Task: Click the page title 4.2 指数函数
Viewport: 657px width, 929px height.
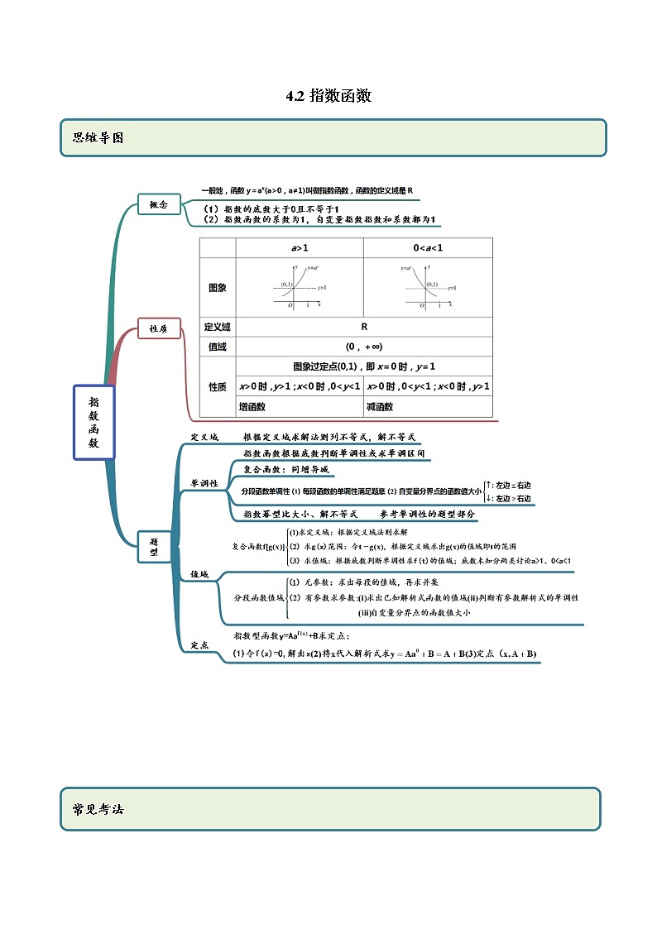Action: pos(328,96)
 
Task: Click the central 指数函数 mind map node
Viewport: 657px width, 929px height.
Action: pos(93,422)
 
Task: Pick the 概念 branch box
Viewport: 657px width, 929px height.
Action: pos(159,204)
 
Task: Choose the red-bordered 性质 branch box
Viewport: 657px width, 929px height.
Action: pos(159,328)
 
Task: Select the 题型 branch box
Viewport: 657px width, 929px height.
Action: pos(153,546)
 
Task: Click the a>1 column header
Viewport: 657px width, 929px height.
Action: pos(300,248)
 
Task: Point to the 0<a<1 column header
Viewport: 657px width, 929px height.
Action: pos(428,248)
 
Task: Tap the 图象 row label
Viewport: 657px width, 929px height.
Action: pos(218,288)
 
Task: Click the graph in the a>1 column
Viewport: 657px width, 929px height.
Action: pos(300,286)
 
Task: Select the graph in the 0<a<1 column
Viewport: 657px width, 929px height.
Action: pos(428,286)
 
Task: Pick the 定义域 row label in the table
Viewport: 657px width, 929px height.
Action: pos(218,327)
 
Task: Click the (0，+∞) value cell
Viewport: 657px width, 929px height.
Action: pos(364,347)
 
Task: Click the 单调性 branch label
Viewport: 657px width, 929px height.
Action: pos(204,484)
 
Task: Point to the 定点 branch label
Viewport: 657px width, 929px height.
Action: pos(199,644)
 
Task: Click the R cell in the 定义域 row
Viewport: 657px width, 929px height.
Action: pos(364,327)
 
